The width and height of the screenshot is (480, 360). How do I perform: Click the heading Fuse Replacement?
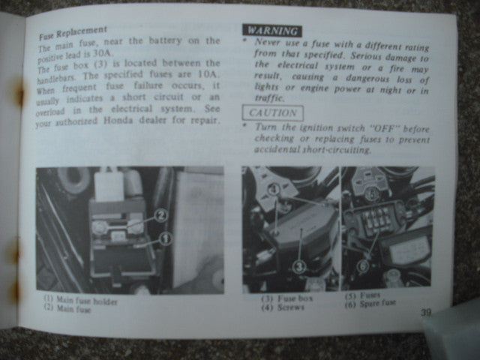(73, 33)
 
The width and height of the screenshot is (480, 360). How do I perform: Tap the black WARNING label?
(272, 31)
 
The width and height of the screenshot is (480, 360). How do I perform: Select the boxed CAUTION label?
(273, 113)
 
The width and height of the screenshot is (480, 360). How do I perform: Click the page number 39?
(426, 313)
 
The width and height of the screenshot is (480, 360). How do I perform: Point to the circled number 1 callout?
(166, 238)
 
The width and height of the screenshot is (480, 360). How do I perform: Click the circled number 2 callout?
(160, 215)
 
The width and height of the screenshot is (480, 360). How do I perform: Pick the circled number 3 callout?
(299, 267)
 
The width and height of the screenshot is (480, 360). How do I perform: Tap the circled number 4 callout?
(274, 190)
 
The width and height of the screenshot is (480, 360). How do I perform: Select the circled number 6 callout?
(363, 266)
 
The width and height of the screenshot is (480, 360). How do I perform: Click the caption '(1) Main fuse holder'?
(80, 300)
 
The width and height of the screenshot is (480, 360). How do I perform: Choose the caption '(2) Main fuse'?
(67, 308)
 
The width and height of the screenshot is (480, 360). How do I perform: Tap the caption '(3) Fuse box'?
(287, 298)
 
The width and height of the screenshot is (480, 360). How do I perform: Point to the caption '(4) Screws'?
(283, 307)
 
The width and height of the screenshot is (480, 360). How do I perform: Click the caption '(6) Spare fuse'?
(370, 304)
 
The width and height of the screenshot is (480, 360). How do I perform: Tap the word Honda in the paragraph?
(118, 120)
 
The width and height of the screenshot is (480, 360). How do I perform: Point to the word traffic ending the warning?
(270, 98)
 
